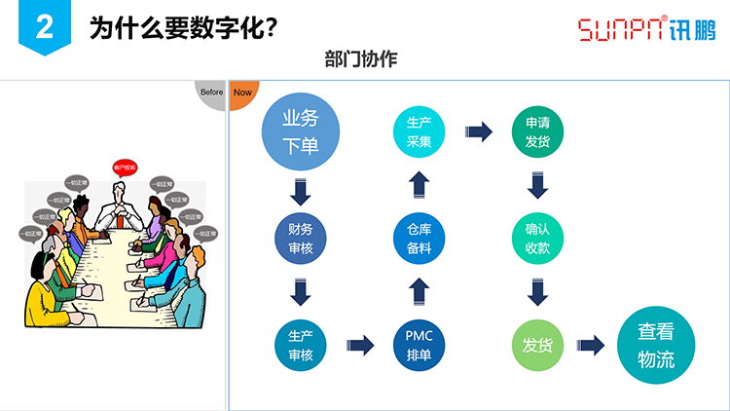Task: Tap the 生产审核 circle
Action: [300, 345]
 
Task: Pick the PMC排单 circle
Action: [419, 345]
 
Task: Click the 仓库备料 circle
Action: [419, 239]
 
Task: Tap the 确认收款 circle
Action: [537, 239]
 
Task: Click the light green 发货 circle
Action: [537, 345]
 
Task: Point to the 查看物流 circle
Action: [656, 345]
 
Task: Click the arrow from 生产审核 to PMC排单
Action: [360, 345]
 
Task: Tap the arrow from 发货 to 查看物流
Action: [591, 345]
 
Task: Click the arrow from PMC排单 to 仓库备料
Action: [419, 291]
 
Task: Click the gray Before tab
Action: [211, 93]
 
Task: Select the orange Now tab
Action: [241, 93]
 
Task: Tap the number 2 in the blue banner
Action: [44, 28]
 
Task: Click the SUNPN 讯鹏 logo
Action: [646, 28]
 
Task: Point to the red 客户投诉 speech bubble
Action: [124, 166]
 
